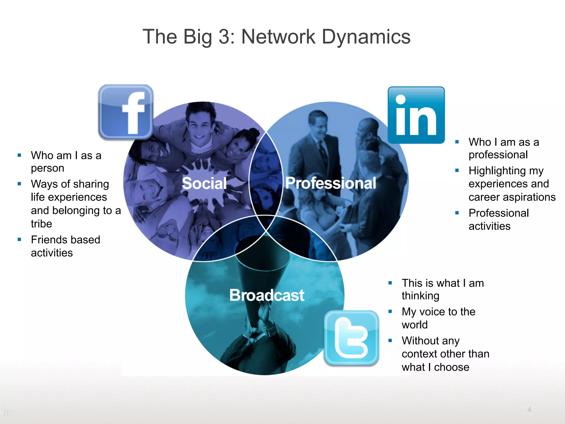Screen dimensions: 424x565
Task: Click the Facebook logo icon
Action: tap(126, 112)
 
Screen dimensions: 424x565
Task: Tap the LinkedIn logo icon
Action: tap(416, 115)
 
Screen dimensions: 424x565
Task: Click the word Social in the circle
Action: tap(204, 183)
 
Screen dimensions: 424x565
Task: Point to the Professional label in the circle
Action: tap(331, 183)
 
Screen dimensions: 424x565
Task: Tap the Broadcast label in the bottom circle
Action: tap(267, 295)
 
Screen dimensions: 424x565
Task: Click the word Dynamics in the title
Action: tap(366, 37)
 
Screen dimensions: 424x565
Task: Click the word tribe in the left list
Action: tap(41, 224)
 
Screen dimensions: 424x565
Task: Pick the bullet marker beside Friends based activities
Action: tap(19, 239)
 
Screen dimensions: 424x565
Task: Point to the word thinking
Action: tap(420, 296)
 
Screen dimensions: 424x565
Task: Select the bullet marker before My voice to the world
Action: tap(390, 311)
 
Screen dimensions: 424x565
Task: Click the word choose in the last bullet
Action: tap(452, 367)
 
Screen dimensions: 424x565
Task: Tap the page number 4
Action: tap(529, 409)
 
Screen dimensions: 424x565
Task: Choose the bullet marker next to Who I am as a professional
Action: tap(457, 142)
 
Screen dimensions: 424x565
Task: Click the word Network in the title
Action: tap(278, 37)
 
